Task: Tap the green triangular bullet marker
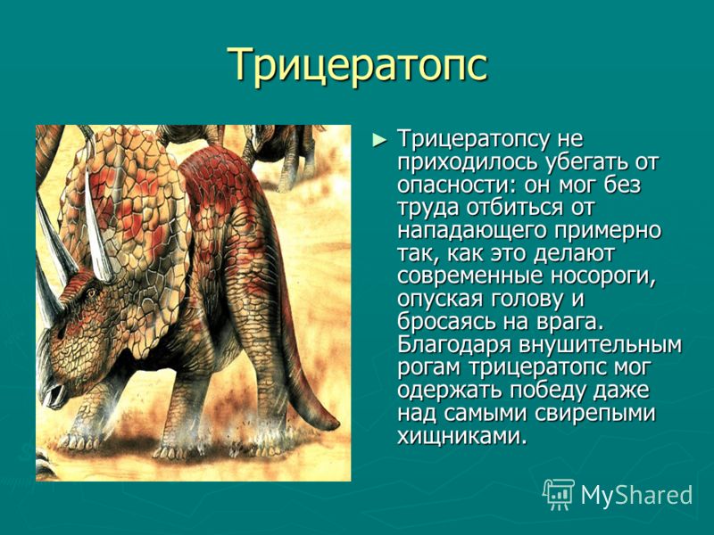click(x=378, y=140)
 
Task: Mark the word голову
click(x=521, y=300)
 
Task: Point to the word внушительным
click(x=599, y=345)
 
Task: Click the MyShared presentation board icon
click(x=559, y=494)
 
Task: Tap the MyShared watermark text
click(x=636, y=495)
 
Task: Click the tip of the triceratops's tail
click(x=337, y=426)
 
